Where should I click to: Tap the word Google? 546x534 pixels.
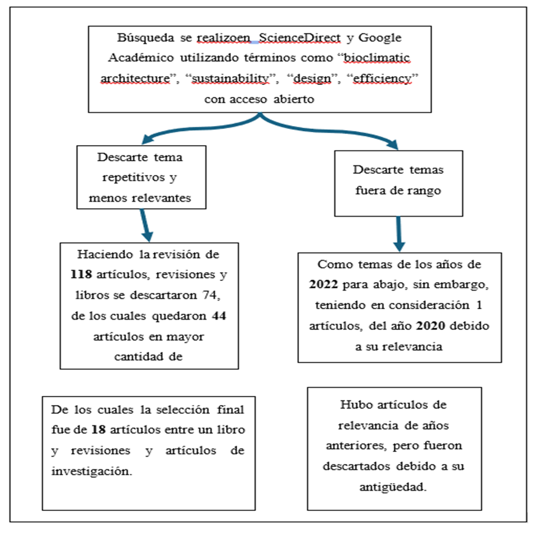coord(380,39)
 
